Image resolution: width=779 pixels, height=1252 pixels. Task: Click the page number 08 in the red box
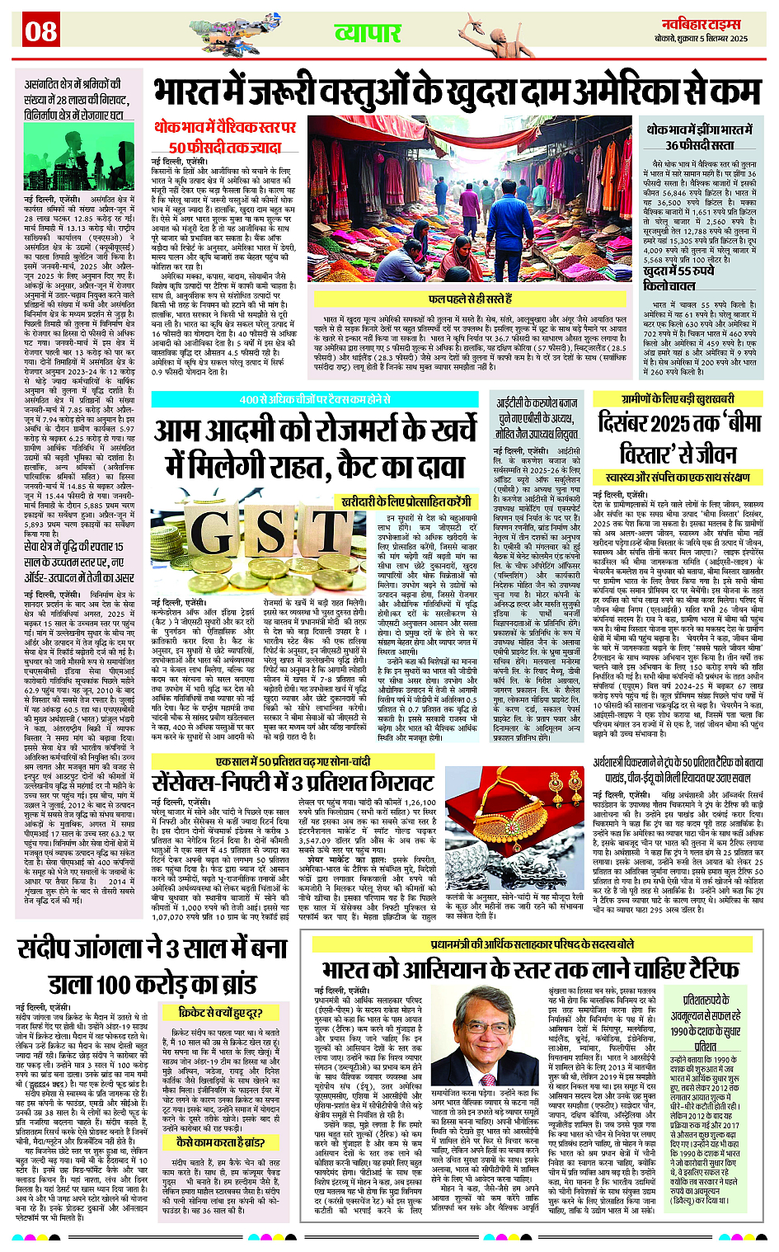tap(40, 32)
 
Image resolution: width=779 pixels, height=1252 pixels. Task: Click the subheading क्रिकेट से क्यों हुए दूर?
tap(220, 1012)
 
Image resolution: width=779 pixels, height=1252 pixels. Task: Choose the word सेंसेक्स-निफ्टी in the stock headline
tap(214, 781)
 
